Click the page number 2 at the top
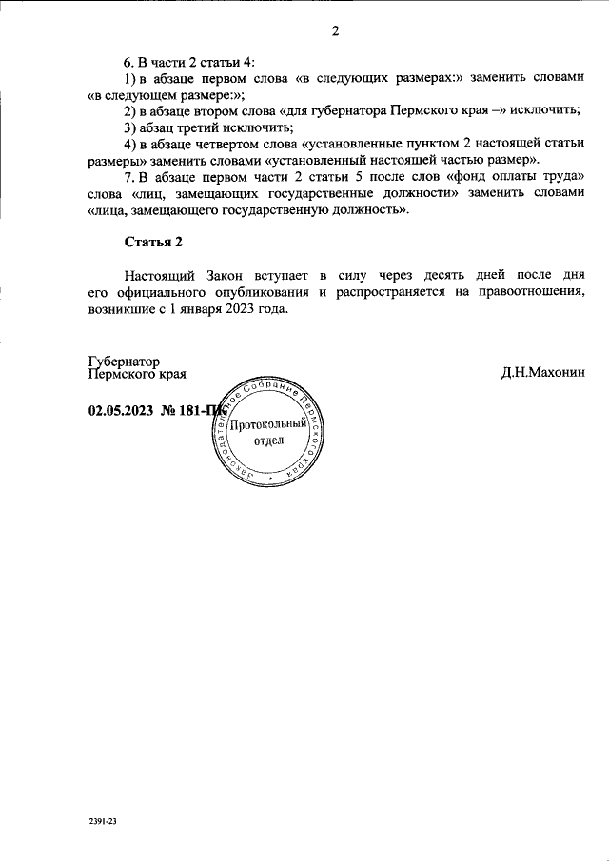(x=335, y=31)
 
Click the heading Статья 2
(x=153, y=242)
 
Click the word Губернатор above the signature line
(x=123, y=362)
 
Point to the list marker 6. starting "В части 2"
(x=129, y=61)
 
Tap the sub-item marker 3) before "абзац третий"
(x=130, y=127)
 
